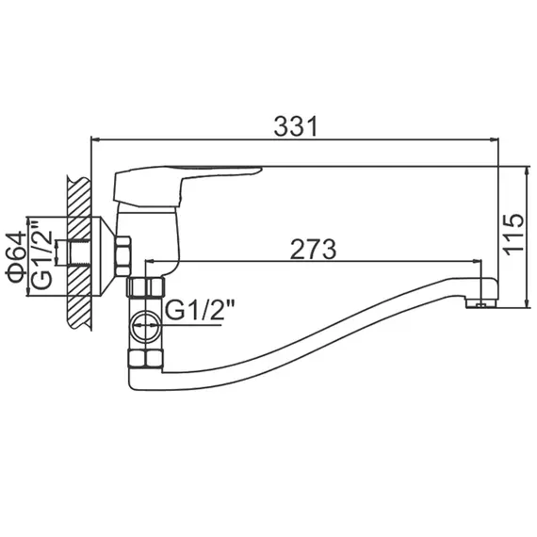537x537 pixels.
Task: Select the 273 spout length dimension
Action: pyautogui.click(x=314, y=249)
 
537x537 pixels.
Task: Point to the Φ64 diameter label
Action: pyautogui.click(x=16, y=257)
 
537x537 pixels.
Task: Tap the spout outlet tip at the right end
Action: pyautogui.click(x=481, y=302)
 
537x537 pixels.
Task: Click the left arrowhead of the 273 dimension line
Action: pyautogui.click(x=149, y=264)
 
